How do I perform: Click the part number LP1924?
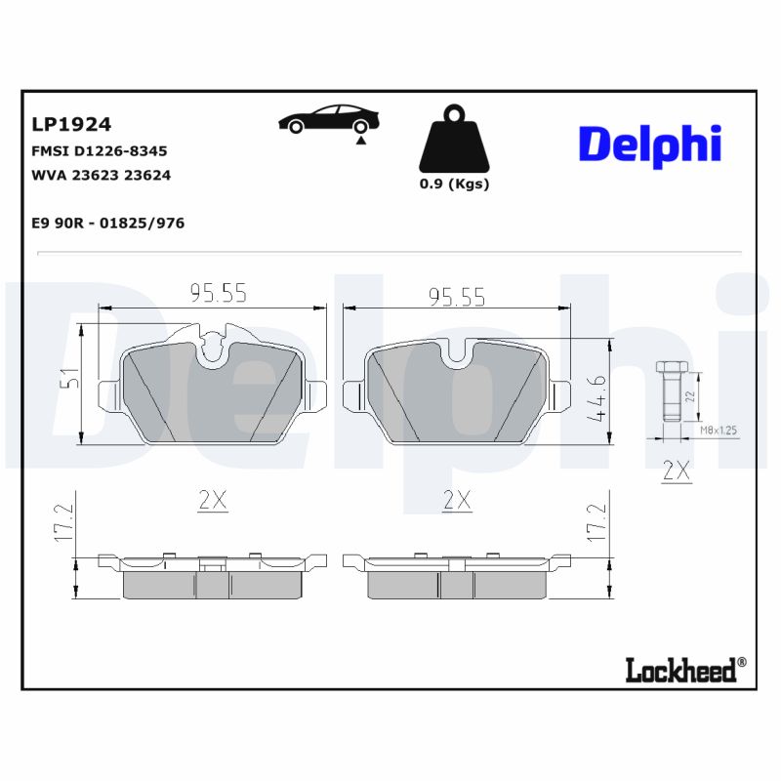pyautogui.click(x=71, y=124)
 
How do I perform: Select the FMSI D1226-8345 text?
pyautogui.click(x=100, y=151)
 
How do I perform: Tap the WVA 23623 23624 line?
pyautogui.click(x=102, y=176)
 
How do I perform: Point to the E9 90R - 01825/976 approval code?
pyautogui.click(x=107, y=223)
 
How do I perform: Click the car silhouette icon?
pyautogui.click(x=329, y=120)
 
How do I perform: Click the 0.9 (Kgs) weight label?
pyautogui.click(x=454, y=184)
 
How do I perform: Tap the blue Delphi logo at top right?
pyautogui.click(x=649, y=144)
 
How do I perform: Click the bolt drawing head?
pyautogui.click(x=670, y=368)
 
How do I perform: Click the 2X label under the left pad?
pyautogui.click(x=212, y=500)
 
